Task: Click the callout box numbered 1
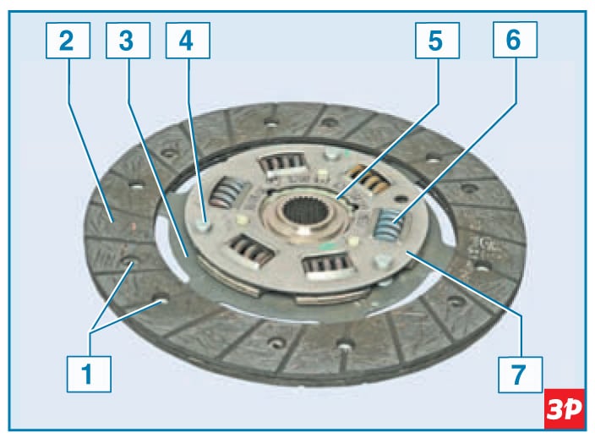click(89, 374)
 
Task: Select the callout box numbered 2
click(68, 41)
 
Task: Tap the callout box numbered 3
click(128, 41)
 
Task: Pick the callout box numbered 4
click(188, 41)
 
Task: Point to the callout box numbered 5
click(437, 41)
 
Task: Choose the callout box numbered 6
click(515, 40)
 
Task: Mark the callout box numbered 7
click(521, 375)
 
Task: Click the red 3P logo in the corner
click(565, 408)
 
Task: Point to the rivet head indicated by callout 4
click(204, 226)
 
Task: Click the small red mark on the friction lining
click(133, 227)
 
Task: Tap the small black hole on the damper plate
click(400, 199)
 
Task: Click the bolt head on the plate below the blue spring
click(383, 261)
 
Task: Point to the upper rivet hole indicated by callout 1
click(128, 262)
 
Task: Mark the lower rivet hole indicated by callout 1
click(160, 298)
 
